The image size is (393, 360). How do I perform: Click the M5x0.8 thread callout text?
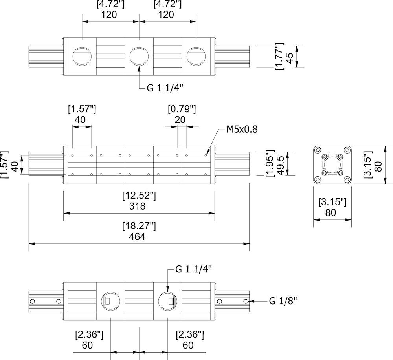point(242,129)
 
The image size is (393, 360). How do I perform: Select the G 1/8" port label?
point(283,301)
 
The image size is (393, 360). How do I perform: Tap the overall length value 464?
point(137,236)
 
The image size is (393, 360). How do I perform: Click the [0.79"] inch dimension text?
point(182,109)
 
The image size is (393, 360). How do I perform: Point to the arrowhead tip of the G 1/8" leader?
point(250,301)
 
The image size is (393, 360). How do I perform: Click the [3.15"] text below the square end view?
point(332,202)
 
